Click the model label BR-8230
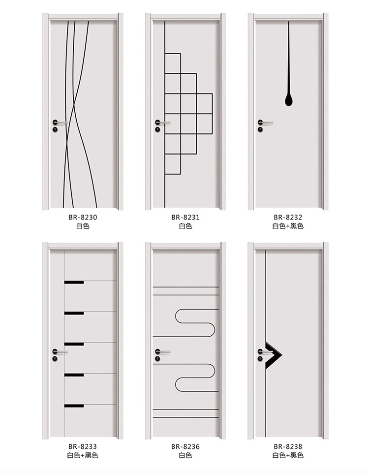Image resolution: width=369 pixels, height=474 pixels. pyautogui.click(x=83, y=217)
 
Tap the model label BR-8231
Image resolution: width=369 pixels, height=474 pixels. pyautogui.click(x=185, y=217)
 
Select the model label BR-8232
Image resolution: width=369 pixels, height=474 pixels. pyautogui.click(x=288, y=217)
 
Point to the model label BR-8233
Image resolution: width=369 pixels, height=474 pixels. pyautogui.click(x=83, y=446)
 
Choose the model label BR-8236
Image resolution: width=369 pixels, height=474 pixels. pyautogui.click(x=185, y=446)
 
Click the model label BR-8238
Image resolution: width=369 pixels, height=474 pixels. pyautogui.click(x=288, y=446)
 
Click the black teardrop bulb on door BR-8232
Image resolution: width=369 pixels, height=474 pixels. pyautogui.click(x=289, y=100)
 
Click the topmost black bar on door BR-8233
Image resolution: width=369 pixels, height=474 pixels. pyautogui.click(x=74, y=283)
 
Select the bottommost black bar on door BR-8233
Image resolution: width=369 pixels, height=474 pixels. pyautogui.click(x=74, y=406)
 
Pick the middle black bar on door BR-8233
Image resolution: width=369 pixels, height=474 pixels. pyautogui.click(x=74, y=344)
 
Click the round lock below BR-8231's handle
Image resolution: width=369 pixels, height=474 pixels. pyautogui.click(x=158, y=129)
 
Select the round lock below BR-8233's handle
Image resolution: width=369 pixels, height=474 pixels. pyautogui.click(x=55, y=359)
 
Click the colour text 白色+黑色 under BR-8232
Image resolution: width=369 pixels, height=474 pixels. pyautogui.click(x=288, y=226)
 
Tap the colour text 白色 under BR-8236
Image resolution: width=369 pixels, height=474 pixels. pyautogui.click(x=185, y=455)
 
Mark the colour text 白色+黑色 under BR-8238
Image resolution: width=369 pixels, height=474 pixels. pyautogui.click(x=288, y=455)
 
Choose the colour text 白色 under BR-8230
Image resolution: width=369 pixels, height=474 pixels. pyautogui.click(x=83, y=226)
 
